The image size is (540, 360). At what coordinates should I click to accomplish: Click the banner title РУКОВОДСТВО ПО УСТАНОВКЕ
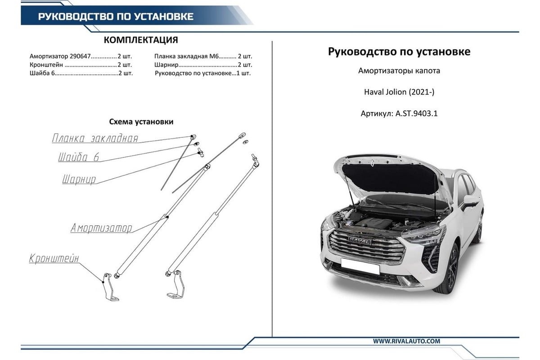116,16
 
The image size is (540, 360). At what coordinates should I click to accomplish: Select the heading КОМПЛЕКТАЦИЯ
141,40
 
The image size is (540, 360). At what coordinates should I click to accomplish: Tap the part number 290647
80,56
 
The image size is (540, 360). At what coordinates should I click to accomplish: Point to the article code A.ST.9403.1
416,113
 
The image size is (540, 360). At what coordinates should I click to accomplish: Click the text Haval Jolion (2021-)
399,92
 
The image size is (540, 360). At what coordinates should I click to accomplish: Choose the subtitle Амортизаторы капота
399,71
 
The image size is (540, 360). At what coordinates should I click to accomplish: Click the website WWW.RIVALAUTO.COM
406,341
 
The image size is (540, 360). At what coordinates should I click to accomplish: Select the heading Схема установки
141,121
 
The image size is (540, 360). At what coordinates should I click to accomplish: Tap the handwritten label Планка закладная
95,138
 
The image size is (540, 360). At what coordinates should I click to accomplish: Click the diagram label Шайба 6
79,157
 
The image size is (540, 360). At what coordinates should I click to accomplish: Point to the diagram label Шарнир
79,180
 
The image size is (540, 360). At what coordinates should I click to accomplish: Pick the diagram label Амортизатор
101,228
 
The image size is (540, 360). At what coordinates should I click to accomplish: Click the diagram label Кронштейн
54,258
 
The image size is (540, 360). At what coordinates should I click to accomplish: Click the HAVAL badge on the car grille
359,240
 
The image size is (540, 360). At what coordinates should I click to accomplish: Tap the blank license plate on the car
360,266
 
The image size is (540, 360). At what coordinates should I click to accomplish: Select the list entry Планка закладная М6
186,56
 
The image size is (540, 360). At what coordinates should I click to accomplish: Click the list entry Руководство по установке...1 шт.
203,73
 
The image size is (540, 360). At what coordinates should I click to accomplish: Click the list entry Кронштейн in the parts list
46,65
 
